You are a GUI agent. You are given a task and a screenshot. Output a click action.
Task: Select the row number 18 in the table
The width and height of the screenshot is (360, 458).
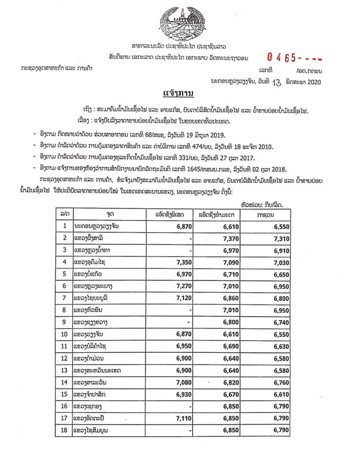pos(64,430)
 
